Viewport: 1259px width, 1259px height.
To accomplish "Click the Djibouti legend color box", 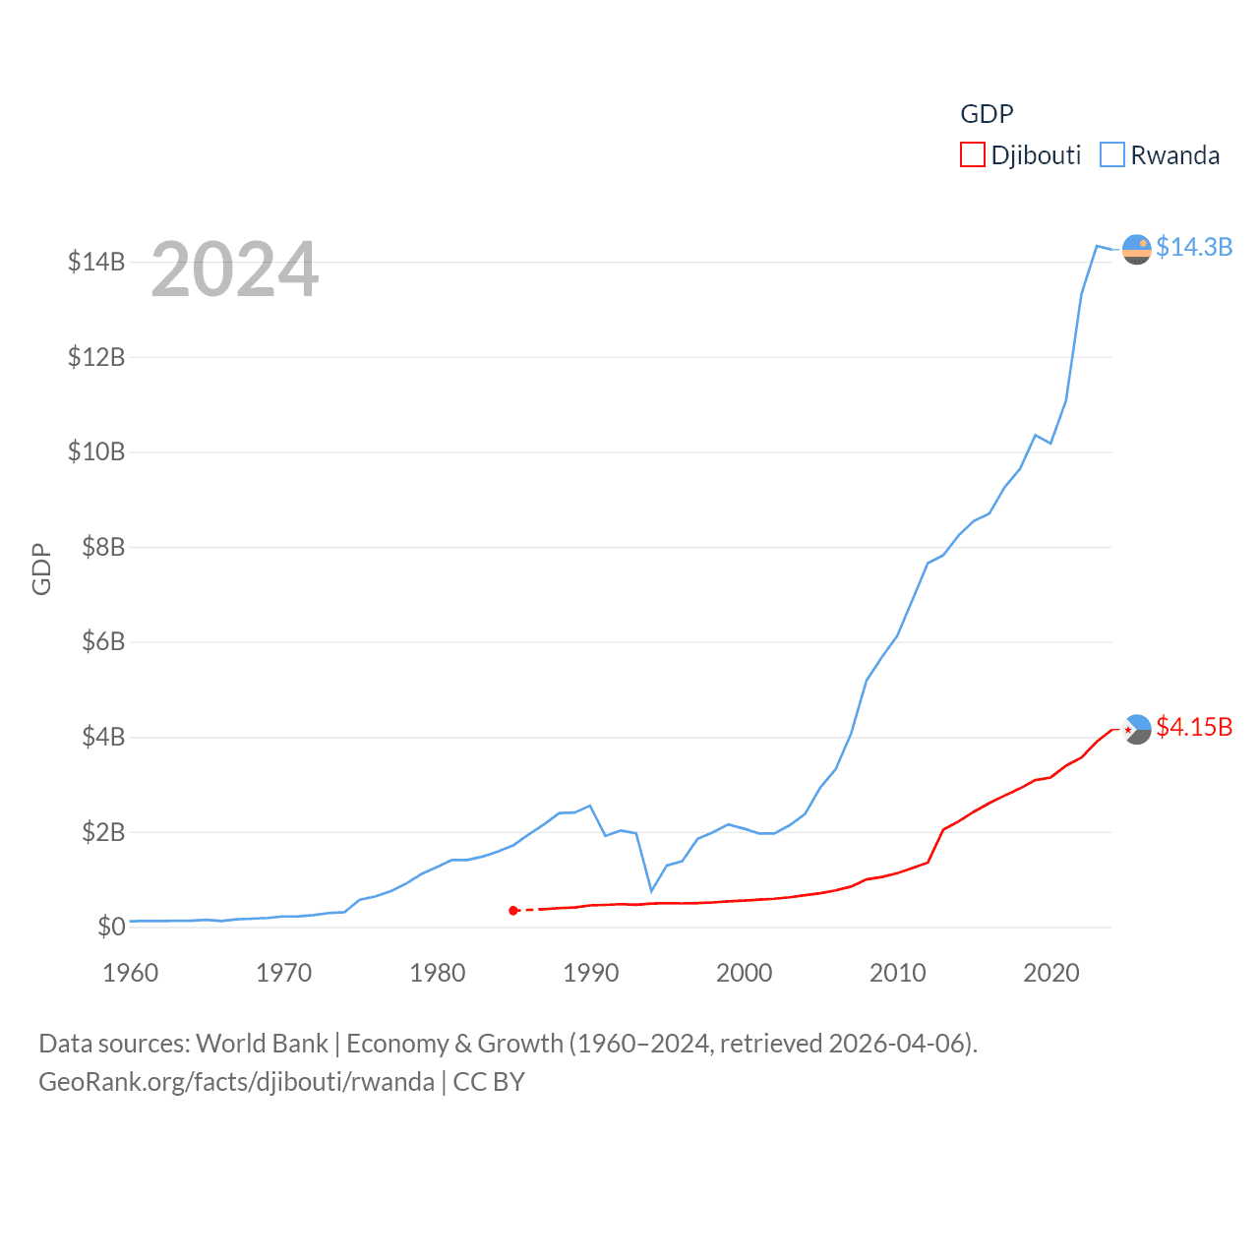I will (972, 155).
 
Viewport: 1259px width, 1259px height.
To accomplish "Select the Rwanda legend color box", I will (1111, 155).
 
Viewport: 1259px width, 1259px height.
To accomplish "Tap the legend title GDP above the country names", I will (987, 114).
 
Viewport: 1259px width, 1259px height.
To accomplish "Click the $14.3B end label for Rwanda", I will (1193, 247).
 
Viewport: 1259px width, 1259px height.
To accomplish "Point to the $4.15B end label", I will (1193, 727).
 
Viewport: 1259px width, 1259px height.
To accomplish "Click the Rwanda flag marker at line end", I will (1136, 250).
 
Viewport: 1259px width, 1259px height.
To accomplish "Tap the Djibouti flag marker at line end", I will (1136, 729).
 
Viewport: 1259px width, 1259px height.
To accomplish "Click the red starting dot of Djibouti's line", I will (513, 911).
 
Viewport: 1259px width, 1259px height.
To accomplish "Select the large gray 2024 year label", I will (234, 270).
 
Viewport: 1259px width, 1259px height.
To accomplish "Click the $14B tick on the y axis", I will (96, 262).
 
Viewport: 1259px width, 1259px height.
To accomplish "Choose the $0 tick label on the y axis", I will (111, 927).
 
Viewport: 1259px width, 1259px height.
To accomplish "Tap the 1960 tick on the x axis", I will (131, 973).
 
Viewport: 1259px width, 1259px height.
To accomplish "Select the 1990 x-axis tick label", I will (590, 973).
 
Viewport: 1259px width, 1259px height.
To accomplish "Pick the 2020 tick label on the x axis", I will (1050, 973).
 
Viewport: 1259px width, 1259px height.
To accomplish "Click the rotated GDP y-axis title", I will (41, 569).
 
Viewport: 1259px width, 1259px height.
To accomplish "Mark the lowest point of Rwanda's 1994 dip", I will (651, 891).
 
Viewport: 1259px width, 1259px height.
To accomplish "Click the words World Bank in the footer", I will (262, 1043).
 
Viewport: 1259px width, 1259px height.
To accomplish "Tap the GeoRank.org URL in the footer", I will (236, 1082).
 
